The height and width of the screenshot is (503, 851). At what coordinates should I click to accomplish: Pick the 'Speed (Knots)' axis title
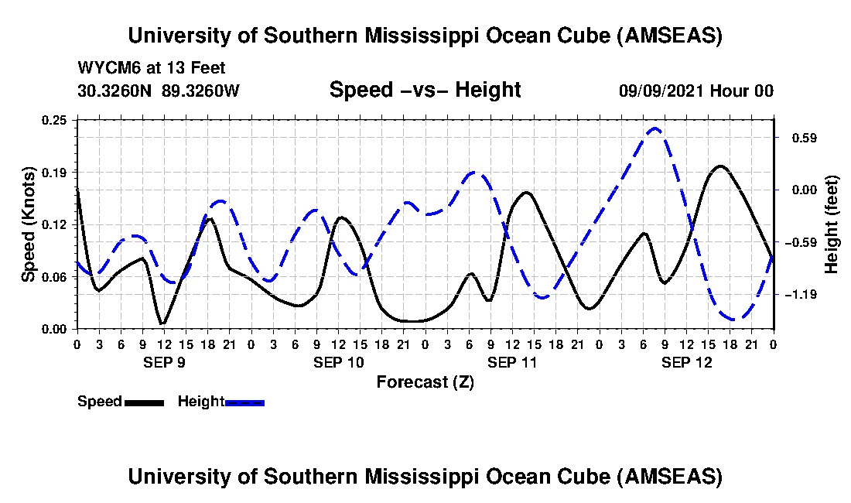29,224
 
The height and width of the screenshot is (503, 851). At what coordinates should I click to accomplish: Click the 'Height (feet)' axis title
832,224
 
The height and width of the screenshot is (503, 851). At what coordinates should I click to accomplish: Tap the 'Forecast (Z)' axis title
425,382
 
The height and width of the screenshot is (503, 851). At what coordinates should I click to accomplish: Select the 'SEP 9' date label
163,362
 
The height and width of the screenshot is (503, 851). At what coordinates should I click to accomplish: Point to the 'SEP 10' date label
339,362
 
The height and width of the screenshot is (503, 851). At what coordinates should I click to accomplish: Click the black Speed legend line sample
144,402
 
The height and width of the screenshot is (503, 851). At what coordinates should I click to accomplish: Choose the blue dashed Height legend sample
244,402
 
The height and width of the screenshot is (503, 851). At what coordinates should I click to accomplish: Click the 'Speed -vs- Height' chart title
425,90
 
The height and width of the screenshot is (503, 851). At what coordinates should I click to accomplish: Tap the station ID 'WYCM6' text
106,68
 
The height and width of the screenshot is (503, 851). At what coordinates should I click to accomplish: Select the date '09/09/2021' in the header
659,91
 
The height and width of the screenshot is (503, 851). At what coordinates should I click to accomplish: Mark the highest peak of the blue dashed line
655,128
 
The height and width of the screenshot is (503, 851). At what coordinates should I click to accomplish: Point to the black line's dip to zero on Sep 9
162,323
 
